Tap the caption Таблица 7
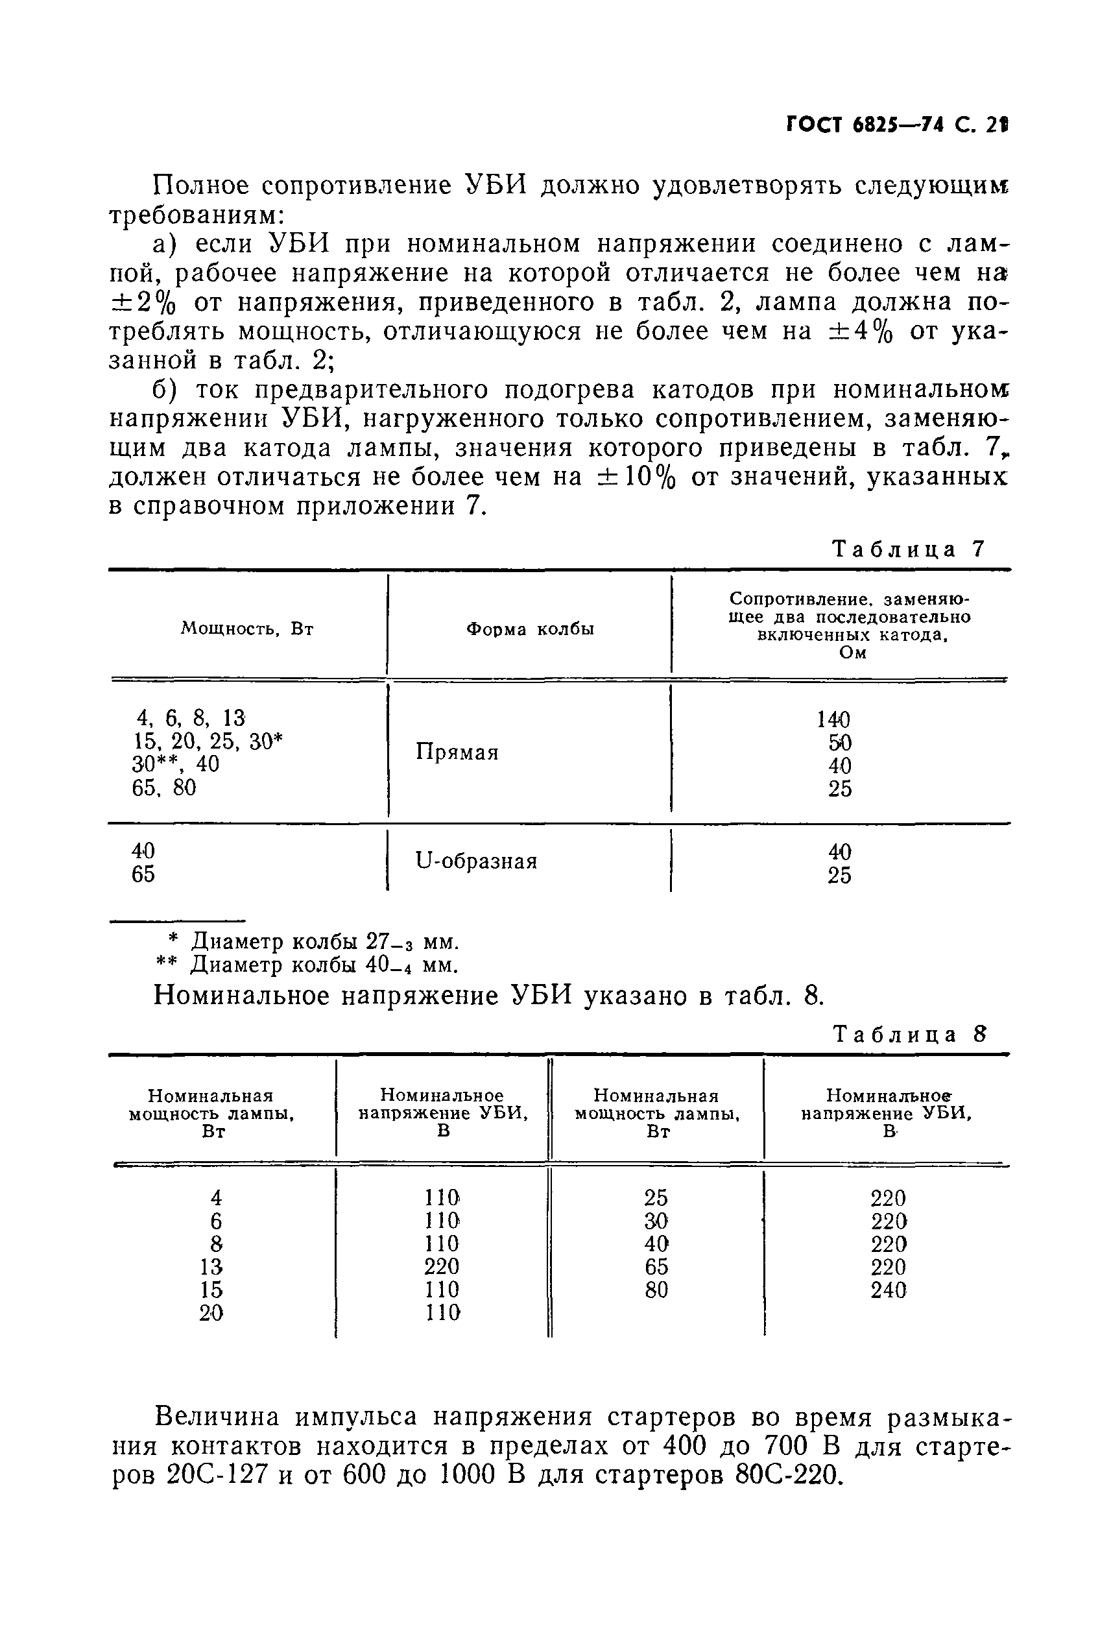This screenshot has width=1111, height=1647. pos(909,549)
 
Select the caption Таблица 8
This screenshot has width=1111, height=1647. pos(909,1035)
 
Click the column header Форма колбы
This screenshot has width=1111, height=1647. pos(530,629)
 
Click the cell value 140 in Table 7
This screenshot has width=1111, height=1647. pos(833,719)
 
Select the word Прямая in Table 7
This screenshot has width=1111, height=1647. pos(457,752)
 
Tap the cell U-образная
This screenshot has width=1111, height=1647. pos(476,861)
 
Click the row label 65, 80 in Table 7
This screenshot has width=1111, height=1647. pos(164,787)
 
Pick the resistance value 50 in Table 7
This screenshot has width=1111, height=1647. pos(840,743)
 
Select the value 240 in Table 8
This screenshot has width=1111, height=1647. pos(889,1290)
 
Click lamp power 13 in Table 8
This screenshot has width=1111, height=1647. pos(212,1266)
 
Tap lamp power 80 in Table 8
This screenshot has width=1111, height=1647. pos(656,1290)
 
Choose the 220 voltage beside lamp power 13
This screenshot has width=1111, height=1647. pos(442,1266)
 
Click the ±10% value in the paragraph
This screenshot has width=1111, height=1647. pos(638,477)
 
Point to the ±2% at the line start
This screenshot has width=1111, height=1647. pos(144,303)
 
